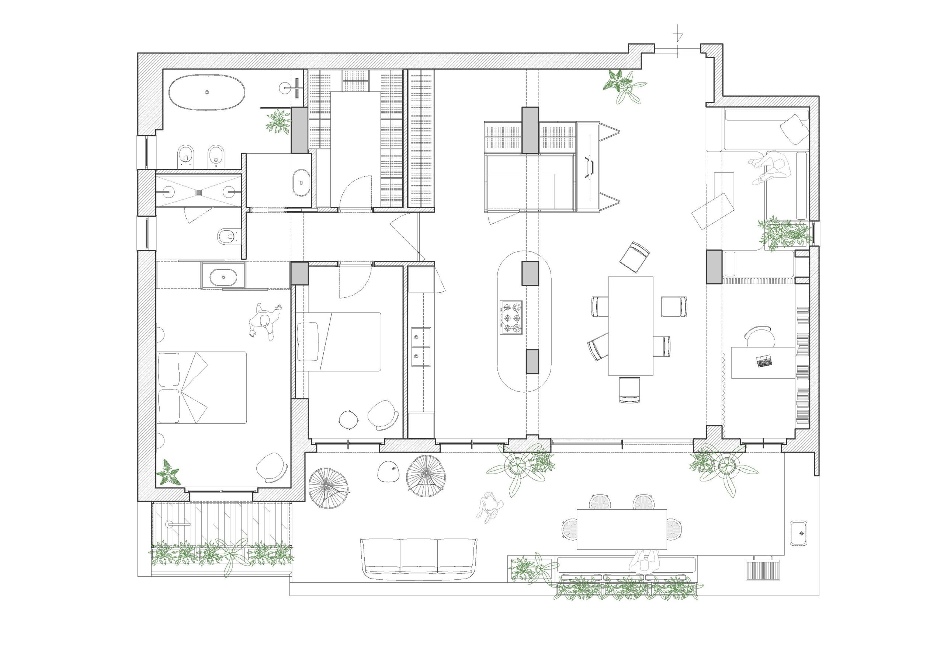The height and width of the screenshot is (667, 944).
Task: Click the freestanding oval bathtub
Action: point(208,92)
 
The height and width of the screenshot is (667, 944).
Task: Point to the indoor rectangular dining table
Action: point(630,326)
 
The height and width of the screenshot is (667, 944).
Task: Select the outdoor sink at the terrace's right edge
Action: point(798,534)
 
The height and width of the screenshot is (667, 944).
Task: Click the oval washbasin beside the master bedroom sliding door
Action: point(223,278)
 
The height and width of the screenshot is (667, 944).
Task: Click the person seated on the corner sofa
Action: point(772,169)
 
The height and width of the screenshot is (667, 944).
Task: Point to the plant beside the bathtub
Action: point(278,122)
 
